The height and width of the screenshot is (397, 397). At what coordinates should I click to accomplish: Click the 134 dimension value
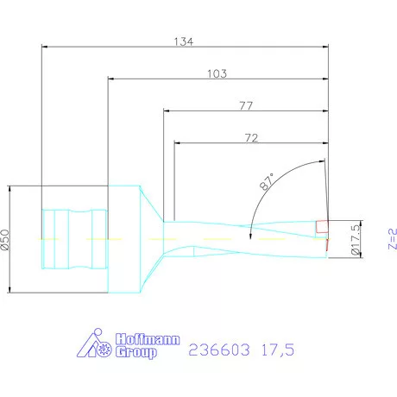185,40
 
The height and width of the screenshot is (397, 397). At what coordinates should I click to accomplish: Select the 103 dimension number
217,74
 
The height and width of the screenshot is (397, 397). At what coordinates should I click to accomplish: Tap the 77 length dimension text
245,105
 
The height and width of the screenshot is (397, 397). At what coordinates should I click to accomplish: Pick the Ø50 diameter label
5,239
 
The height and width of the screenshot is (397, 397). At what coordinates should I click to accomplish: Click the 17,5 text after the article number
276,350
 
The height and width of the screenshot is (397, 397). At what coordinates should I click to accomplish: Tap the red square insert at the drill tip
322,226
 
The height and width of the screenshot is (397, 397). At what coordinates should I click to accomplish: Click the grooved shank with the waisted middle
74,237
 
